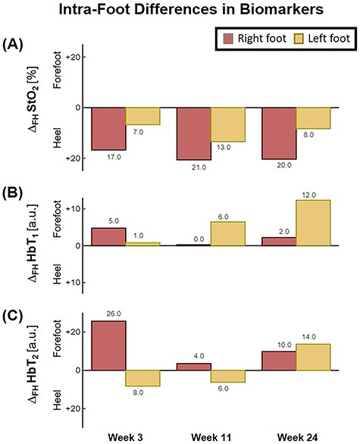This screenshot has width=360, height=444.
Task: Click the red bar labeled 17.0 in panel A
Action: click(x=108, y=129)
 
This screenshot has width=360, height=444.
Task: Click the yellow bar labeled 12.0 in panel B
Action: click(x=314, y=223)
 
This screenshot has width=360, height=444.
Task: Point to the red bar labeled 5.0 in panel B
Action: click(x=108, y=236)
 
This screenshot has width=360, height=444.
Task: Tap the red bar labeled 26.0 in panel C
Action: click(x=108, y=346)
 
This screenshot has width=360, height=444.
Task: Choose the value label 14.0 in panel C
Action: click(x=314, y=336)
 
